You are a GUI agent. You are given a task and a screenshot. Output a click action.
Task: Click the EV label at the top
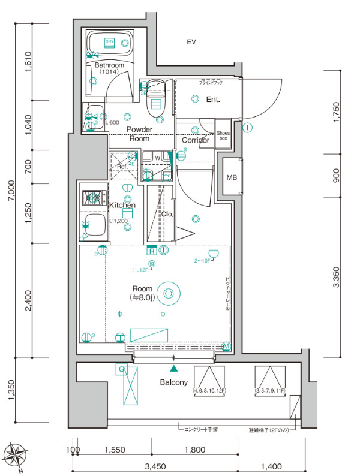click(191, 42)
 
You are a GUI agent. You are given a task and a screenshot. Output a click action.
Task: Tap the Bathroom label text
click(109, 65)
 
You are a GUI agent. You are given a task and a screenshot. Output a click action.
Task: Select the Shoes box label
click(223, 135)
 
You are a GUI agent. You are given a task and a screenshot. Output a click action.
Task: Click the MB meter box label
click(232, 177)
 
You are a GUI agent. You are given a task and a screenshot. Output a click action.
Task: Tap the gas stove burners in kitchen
click(94, 197)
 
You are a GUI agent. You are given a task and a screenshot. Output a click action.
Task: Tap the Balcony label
click(174, 382)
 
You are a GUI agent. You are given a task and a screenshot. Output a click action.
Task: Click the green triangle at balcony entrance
click(174, 368)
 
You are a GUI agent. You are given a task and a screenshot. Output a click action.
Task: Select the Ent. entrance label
click(213, 100)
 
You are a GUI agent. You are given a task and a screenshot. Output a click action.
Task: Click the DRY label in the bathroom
click(109, 41)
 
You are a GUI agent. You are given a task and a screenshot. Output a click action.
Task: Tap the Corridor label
click(196, 140)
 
